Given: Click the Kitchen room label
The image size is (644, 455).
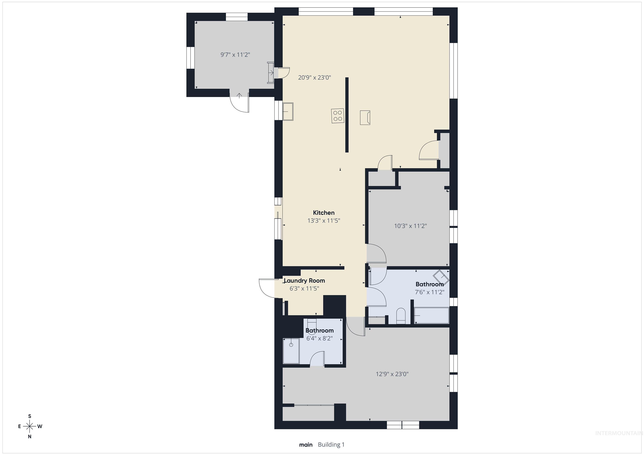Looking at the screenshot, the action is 324,213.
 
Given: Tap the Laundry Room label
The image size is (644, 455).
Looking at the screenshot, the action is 304,281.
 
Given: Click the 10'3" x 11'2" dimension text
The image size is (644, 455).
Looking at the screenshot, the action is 410,226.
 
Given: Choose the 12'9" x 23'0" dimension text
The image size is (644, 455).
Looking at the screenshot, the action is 392,374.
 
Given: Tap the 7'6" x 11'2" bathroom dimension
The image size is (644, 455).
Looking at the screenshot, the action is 429,292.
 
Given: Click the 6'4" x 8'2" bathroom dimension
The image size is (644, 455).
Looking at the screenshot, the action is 319,338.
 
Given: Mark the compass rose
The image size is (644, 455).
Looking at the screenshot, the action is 29,426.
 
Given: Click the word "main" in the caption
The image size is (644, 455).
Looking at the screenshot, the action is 306,445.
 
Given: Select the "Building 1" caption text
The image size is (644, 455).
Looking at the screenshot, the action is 331,445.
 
